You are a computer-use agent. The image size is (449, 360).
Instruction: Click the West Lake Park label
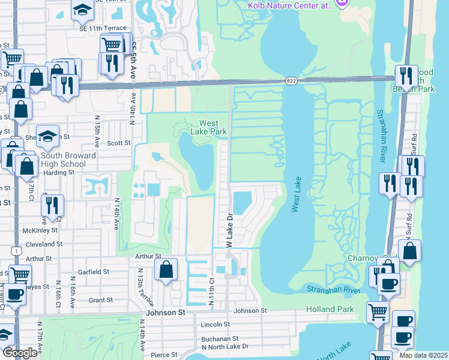coord(208,127)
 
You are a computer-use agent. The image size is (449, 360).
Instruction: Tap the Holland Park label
coord(327,309)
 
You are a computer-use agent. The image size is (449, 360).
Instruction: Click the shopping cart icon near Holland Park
coord(378,311)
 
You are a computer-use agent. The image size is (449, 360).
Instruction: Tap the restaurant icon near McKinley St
coord(52,205)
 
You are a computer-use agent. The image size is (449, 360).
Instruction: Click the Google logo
coord(20,353)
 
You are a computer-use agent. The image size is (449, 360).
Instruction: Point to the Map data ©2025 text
coord(423,355)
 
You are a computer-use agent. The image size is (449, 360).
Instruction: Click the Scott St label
coord(118,143)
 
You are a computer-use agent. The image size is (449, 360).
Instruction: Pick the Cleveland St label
coord(43,244)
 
